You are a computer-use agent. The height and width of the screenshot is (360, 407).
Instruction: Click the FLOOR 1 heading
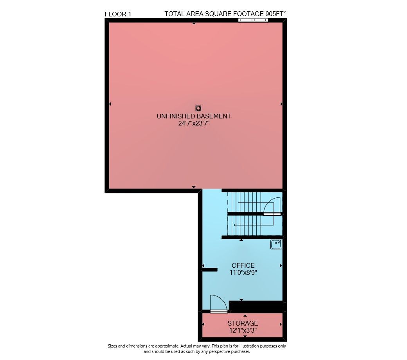[118, 14]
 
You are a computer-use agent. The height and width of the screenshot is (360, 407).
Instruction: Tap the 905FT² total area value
[276, 14]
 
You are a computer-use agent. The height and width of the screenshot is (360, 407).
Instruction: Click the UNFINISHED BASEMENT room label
[194, 116]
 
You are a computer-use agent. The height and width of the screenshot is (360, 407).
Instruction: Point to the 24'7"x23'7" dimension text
[194, 124]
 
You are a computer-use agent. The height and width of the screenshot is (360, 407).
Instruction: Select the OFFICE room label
[243, 265]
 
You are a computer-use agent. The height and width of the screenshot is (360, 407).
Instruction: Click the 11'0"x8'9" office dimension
[243, 273]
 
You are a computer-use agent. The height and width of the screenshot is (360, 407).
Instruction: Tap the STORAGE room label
[243, 323]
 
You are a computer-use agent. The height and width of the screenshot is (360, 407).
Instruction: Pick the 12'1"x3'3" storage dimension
[243, 330]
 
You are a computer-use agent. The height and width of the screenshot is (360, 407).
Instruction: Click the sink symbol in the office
[276, 244]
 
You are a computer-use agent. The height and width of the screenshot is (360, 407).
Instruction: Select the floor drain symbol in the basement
[198, 108]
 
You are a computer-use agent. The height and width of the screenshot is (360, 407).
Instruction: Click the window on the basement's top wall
[253, 20]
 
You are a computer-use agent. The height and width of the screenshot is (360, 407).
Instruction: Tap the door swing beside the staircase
[272, 206]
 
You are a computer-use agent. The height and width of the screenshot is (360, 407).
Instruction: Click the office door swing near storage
[218, 303]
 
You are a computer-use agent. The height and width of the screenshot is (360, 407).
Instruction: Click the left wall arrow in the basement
[110, 104]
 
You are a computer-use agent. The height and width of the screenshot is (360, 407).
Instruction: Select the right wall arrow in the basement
[282, 104]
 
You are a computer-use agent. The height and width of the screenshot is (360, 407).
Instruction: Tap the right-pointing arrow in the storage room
[281, 324]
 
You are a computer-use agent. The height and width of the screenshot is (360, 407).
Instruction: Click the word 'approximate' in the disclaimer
[166, 346]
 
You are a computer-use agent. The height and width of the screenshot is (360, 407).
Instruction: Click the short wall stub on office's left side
[209, 270]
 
